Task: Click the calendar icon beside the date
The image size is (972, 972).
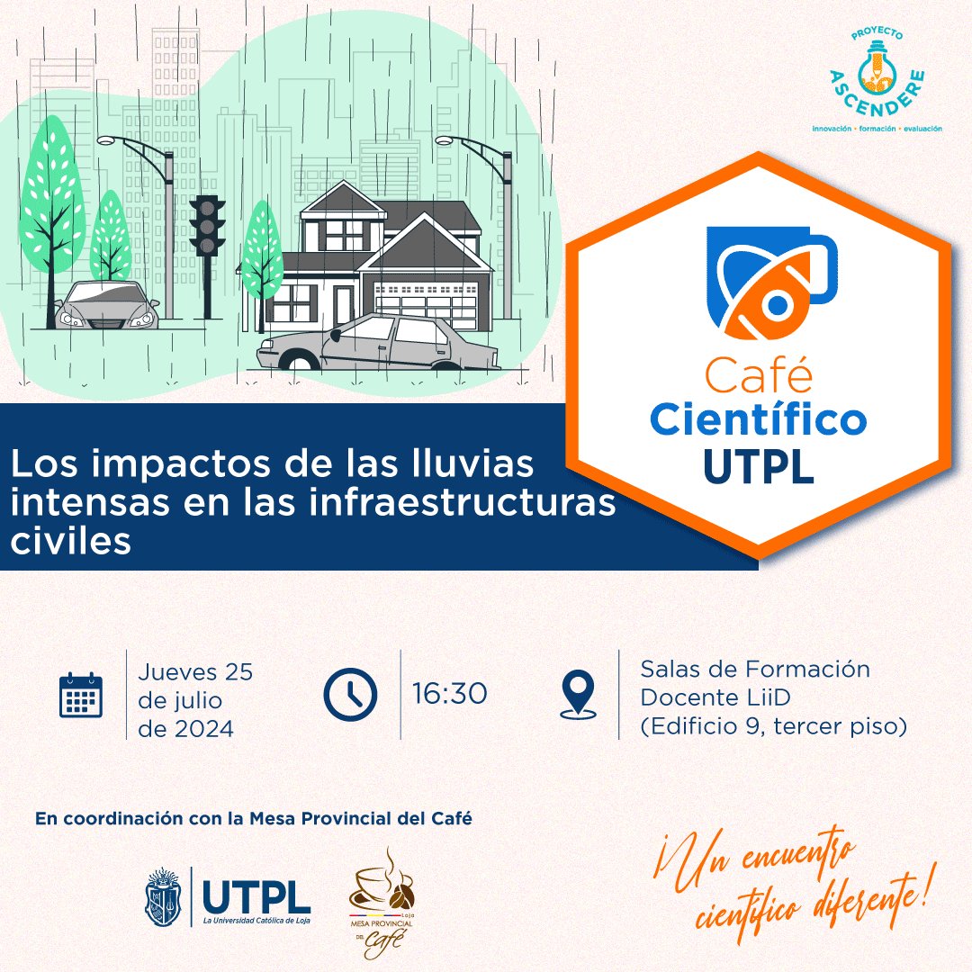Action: pos(81,695)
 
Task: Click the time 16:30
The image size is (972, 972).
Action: pos(450,694)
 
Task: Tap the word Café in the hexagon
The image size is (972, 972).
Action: pos(759,377)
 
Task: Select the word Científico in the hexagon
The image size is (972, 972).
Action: pos(759,419)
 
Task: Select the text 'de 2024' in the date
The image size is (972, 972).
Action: pos(185,728)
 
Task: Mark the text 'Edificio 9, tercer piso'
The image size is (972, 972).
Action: pos(773,726)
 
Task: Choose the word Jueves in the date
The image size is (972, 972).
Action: pos(177,671)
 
